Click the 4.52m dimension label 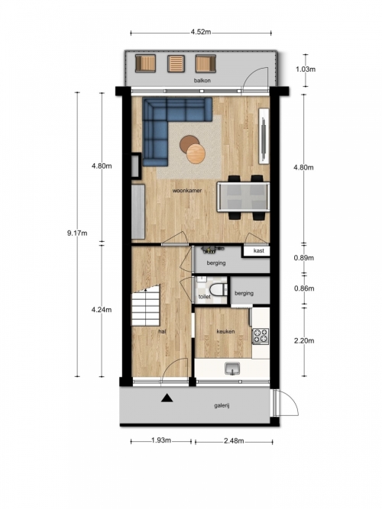(x=201, y=32)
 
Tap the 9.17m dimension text (x=77, y=233)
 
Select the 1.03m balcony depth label (x=306, y=69)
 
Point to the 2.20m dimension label (x=304, y=340)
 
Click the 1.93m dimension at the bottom (x=161, y=440)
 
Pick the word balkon (x=202, y=80)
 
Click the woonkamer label (x=187, y=191)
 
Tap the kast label (x=259, y=250)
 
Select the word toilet (x=205, y=296)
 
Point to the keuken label (x=225, y=331)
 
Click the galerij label (x=222, y=405)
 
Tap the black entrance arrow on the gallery (x=167, y=398)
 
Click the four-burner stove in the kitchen (x=261, y=337)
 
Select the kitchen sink (x=232, y=369)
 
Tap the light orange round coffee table (x=196, y=153)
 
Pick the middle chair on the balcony (x=176, y=63)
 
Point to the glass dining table (x=243, y=197)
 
